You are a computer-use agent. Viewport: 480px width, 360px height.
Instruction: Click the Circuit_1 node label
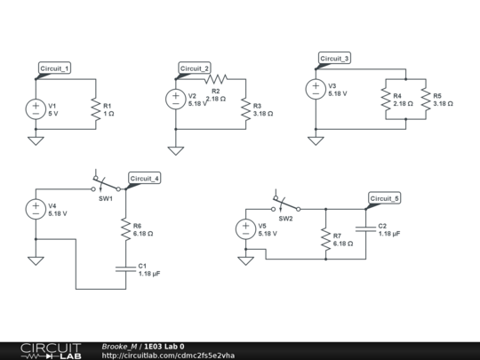(54, 68)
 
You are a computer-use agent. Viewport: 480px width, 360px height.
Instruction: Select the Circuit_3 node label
(334, 58)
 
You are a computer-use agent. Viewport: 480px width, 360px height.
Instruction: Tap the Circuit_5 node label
(385, 198)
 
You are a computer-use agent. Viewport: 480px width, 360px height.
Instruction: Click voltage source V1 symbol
(36, 108)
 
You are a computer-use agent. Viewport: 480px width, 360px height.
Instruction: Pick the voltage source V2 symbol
(176, 100)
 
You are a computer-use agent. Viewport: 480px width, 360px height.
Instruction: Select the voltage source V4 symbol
(36, 209)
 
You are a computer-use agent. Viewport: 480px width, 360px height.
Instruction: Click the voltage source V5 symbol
(245, 229)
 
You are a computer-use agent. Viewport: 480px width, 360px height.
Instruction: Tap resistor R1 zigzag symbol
(93, 108)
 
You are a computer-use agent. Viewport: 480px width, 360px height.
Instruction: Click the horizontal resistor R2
(217, 79)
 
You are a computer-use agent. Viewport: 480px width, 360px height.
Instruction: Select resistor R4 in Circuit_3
(385, 99)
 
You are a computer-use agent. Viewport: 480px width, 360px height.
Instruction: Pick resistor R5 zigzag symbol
(424, 99)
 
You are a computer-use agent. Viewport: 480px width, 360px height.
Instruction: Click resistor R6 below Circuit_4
(126, 229)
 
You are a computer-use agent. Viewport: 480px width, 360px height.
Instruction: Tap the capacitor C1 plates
(126, 268)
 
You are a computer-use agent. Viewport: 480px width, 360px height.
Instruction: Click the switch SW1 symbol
(107, 186)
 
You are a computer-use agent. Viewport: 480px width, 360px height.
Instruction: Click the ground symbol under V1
(36, 140)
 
